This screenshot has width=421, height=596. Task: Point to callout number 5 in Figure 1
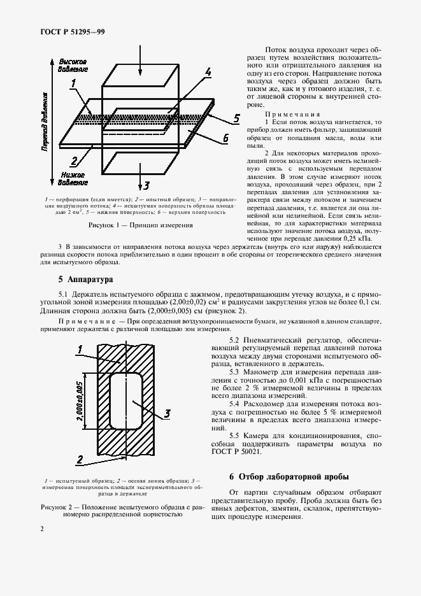tap(236, 118)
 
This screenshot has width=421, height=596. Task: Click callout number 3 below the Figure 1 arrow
tap(146, 186)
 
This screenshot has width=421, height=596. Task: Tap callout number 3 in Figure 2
tap(167, 414)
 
